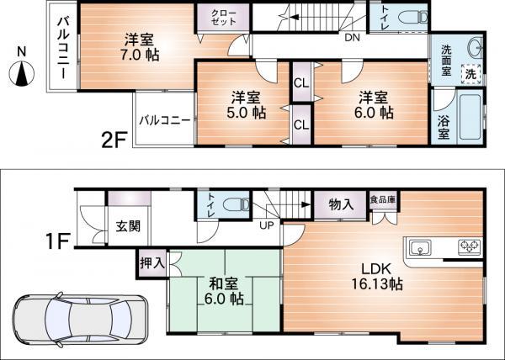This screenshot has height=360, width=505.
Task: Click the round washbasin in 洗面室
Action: pyautogui.click(x=474, y=47)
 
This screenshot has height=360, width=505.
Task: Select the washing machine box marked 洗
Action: pyautogui.click(x=472, y=74)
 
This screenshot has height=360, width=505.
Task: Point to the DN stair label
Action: pyautogui.click(x=352, y=38)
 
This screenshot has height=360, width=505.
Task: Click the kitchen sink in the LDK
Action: pyautogui.click(x=419, y=247)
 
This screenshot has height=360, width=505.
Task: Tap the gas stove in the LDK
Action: pyautogui.click(x=466, y=247)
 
